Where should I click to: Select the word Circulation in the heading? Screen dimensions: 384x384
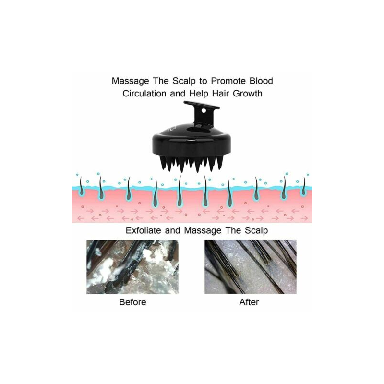144,93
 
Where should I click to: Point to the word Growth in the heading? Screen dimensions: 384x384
247,93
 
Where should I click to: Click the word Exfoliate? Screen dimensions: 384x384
144,230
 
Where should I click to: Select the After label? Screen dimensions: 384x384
250,302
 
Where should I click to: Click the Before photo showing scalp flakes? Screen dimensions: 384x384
132,267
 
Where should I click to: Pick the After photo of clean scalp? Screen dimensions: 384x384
250,267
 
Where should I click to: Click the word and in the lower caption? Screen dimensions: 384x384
175,230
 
